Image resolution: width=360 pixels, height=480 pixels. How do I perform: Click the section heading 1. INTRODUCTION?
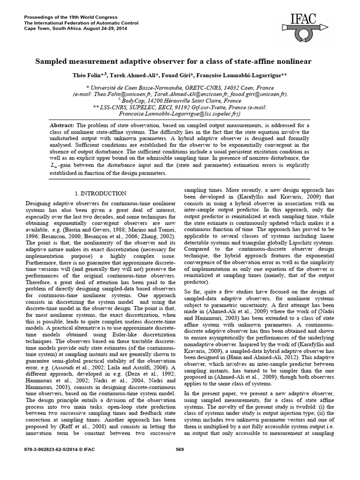pos(100,193)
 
